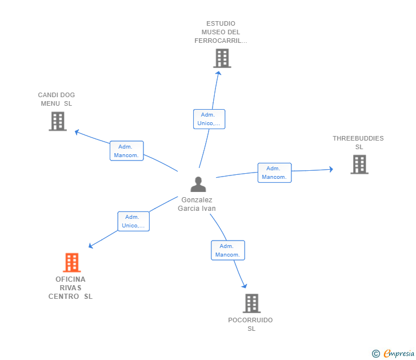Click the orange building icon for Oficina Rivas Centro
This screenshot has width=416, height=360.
coord(71,263)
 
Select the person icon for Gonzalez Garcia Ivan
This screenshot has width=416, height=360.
coord(198,184)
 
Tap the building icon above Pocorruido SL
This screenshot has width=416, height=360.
coord(251,303)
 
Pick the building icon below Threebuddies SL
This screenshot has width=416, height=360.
coord(359,165)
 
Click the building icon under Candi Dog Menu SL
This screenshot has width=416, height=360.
coord(58,121)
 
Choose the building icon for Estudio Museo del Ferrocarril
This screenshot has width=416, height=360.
coord(222,58)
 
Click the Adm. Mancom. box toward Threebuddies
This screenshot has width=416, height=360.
coord(274,173)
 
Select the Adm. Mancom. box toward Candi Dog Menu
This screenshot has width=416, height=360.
coord(126,151)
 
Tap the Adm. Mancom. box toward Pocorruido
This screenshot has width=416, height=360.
coord(227,250)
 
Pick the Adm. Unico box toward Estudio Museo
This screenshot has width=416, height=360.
coord(209,119)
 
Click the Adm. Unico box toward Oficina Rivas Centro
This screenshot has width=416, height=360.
coord(134,221)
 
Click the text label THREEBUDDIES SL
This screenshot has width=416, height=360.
coord(358,142)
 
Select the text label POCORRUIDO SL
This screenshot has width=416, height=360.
coord(250,324)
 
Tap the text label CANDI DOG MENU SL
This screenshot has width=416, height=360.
coord(57,99)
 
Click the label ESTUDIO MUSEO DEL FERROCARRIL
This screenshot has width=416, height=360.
coord(221,32)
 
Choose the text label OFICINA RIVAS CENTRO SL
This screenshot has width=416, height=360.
coord(70,287)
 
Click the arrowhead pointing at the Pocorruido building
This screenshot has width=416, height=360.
coord(245,286)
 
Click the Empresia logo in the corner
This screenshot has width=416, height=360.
coord(394,354)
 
